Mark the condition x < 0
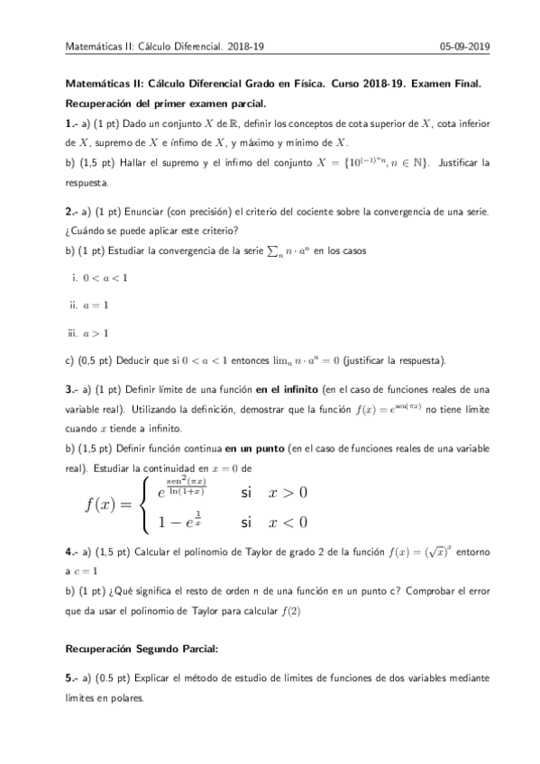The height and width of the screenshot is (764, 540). click(288, 523)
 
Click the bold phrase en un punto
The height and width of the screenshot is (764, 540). click(252, 448)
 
